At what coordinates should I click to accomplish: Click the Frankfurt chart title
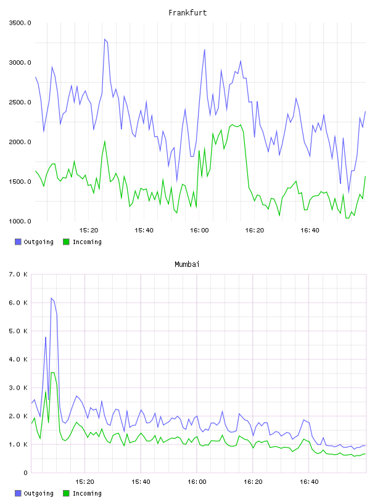187,13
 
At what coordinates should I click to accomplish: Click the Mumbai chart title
187,264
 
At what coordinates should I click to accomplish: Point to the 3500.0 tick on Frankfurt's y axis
20,23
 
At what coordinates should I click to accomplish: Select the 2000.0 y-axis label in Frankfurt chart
20,142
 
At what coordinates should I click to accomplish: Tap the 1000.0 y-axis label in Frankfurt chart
20,221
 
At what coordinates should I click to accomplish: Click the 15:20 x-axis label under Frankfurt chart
89,231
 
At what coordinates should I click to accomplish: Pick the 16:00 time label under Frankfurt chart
199,231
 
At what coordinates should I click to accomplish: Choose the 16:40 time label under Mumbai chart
309,482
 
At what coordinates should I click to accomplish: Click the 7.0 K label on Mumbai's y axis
19,274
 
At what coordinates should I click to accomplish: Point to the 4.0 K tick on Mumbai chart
19,359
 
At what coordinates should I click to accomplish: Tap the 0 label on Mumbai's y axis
25,473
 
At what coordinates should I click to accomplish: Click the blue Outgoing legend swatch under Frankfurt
18,242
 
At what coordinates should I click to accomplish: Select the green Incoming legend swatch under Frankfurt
66,242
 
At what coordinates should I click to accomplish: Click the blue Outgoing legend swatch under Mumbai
18,493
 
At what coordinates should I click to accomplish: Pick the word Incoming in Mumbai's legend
87,494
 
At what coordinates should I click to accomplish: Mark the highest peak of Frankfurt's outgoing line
105,39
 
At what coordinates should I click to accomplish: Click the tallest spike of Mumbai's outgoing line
51,298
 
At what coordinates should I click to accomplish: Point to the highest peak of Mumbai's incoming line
52,372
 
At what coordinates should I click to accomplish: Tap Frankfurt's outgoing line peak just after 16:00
205,50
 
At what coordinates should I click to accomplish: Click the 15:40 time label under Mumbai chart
141,482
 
